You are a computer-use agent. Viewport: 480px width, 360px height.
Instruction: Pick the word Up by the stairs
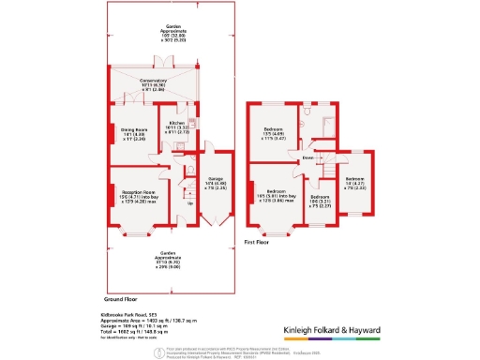click(x=190, y=203)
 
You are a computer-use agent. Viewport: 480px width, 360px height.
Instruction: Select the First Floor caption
click(x=258, y=242)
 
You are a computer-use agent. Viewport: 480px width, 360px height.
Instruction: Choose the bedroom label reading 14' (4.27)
click(x=354, y=181)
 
